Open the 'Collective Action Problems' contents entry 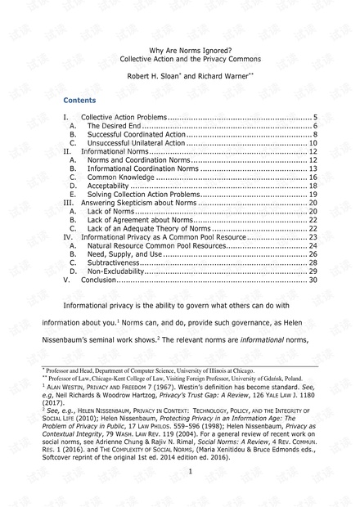[x=124, y=118]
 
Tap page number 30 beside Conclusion [x=313, y=280]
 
